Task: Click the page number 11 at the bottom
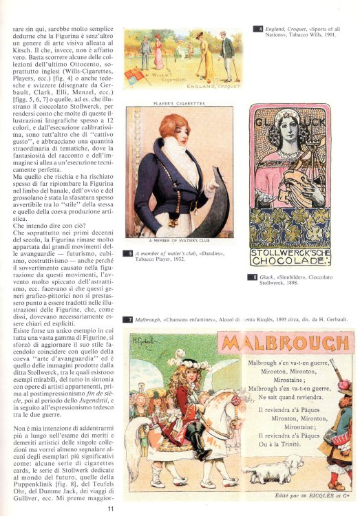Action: click(x=110, y=508)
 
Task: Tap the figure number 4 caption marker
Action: click(x=259, y=29)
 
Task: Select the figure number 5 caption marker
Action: click(x=128, y=254)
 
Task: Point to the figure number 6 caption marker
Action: click(x=252, y=277)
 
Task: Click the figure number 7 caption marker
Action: click(x=128, y=320)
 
